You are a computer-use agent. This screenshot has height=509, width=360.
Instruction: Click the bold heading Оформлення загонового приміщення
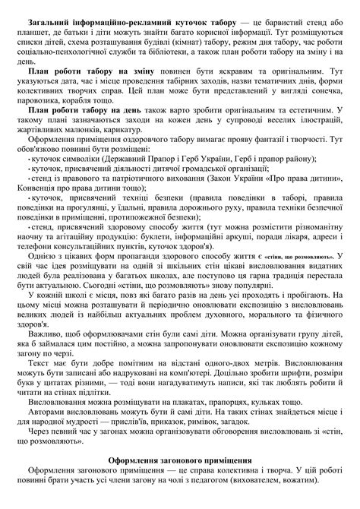point(180,460)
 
